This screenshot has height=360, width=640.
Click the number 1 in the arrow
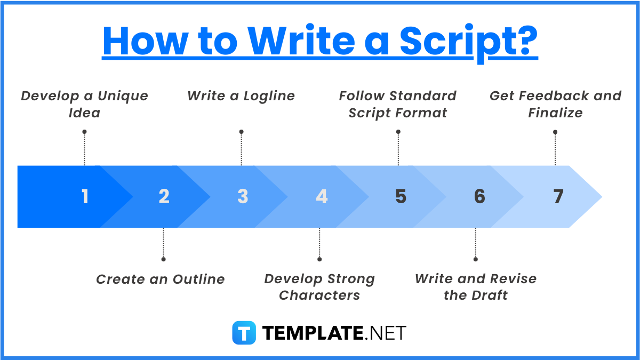pyautogui.click(x=85, y=197)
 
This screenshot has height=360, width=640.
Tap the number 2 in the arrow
pyautogui.click(x=164, y=197)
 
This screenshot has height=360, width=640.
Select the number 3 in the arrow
pyautogui.click(x=243, y=197)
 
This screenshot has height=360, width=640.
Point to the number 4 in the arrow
pyautogui.click(x=322, y=197)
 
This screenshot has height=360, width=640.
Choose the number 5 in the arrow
pyautogui.click(x=401, y=197)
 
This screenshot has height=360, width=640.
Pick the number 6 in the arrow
pyautogui.click(x=479, y=197)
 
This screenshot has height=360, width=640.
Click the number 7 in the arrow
pyautogui.click(x=558, y=197)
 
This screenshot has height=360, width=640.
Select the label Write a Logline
pyautogui.click(x=241, y=96)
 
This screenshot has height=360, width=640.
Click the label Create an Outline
pyautogui.click(x=161, y=279)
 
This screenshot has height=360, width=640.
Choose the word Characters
pyautogui.click(x=319, y=295)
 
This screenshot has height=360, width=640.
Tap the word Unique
pyautogui.click(x=123, y=96)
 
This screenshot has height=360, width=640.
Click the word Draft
pyautogui.click(x=490, y=295)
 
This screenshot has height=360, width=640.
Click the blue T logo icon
pyautogui.click(x=244, y=333)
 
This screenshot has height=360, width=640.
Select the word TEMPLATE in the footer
pyautogui.click(x=313, y=333)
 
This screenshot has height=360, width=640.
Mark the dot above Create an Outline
pyautogui.click(x=163, y=259)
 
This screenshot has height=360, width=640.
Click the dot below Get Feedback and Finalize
pyautogui.click(x=555, y=132)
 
